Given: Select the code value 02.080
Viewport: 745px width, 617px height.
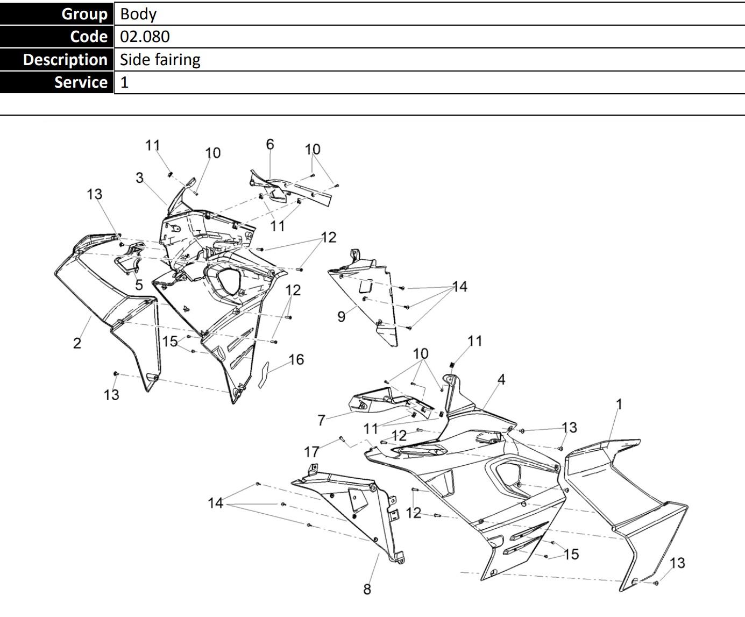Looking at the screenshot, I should tap(145, 37).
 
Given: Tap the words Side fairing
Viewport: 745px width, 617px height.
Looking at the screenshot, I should tap(160, 59).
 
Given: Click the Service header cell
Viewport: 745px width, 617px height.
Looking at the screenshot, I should tap(56, 82).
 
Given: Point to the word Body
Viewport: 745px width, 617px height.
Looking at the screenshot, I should tap(138, 13).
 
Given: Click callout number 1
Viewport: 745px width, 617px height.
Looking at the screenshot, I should tap(619, 403).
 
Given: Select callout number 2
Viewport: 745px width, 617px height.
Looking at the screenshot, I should tap(77, 343).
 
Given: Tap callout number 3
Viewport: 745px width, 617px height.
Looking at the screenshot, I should tap(140, 178).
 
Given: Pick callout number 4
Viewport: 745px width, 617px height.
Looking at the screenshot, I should tap(501, 379).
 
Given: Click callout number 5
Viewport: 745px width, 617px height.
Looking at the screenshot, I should tap(139, 285).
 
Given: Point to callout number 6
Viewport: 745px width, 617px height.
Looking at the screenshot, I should tap(270, 144).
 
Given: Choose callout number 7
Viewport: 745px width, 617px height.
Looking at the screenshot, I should tap(322, 420).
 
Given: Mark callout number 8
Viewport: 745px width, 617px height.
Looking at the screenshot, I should tap(367, 589).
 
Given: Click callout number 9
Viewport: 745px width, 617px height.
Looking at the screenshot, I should tap(341, 316).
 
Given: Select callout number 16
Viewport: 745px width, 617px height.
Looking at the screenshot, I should tap(296, 359).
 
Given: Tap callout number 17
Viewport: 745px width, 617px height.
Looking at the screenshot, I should tap(312, 452).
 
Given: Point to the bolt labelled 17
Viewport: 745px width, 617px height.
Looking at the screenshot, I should tap(341, 439).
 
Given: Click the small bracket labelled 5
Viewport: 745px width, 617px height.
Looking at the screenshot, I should tap(129, 258).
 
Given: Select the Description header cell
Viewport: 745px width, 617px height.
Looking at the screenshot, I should tap(56, 59).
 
